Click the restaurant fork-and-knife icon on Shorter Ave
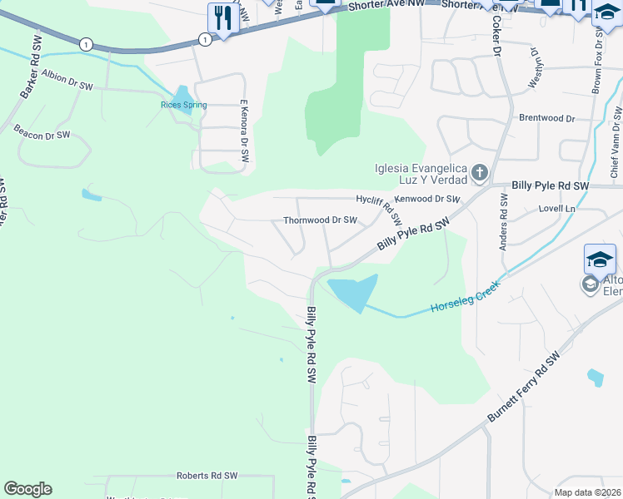(222, 17)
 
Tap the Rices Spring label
(184, 105)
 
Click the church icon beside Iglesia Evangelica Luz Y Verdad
(479, 173)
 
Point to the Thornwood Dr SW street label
(321, 220)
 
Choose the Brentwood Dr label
(547, 118)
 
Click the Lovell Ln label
(557, 208)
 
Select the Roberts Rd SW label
(207, 476)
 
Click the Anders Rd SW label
(503, 222)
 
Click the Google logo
(27, 489)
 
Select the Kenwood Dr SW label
(427, 199)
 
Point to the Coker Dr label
(496, 35)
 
